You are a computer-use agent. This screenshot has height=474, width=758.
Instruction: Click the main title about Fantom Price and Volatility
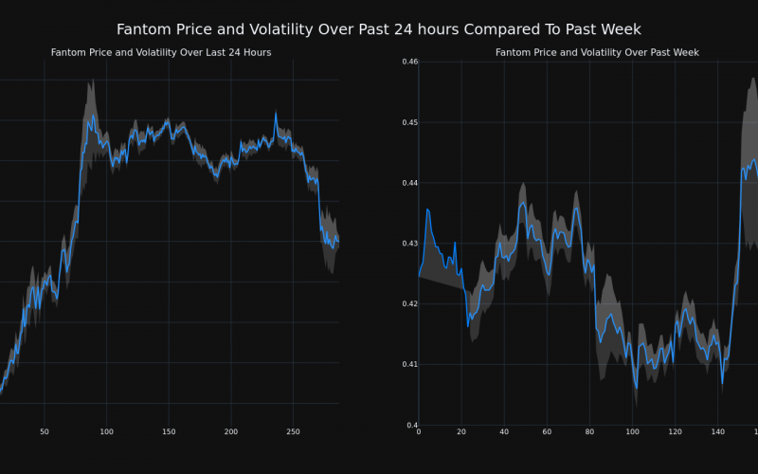[379, 29]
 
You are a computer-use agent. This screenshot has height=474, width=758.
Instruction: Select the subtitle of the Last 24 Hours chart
[161, 52]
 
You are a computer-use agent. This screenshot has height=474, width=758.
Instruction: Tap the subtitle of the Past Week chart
[597, 52]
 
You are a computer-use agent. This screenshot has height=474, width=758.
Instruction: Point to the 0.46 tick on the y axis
[409, 62]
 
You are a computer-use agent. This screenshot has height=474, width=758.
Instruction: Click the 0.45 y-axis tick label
[409, 122]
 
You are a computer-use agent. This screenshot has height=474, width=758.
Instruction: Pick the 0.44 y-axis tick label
[409, 183]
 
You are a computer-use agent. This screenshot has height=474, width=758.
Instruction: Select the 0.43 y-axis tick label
[409, 244]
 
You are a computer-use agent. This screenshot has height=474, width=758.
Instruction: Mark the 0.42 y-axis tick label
[409, 304]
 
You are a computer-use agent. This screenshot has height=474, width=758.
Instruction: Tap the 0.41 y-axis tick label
[409, 365]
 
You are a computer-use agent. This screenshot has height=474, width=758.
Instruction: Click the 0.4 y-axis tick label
[412, 426]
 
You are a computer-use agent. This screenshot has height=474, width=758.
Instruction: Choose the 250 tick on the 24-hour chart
[293, 432]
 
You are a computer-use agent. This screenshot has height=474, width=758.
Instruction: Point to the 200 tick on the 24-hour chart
[230, 432]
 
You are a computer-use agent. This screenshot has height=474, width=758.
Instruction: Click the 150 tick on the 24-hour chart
[169, 432]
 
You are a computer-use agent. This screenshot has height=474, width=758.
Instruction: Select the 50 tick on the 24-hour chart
[45, 432]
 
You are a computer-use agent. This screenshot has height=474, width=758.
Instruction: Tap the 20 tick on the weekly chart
[461, 432]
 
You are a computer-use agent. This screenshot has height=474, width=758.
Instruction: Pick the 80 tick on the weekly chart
[589, 432]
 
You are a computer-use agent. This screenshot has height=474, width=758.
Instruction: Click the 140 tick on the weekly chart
[717, 432]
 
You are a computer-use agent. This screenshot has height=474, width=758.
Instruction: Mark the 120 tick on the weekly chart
[675, 432]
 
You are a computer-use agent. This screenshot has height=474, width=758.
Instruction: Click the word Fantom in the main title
[146, 29]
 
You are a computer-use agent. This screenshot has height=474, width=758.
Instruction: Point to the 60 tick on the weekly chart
[547, 432]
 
